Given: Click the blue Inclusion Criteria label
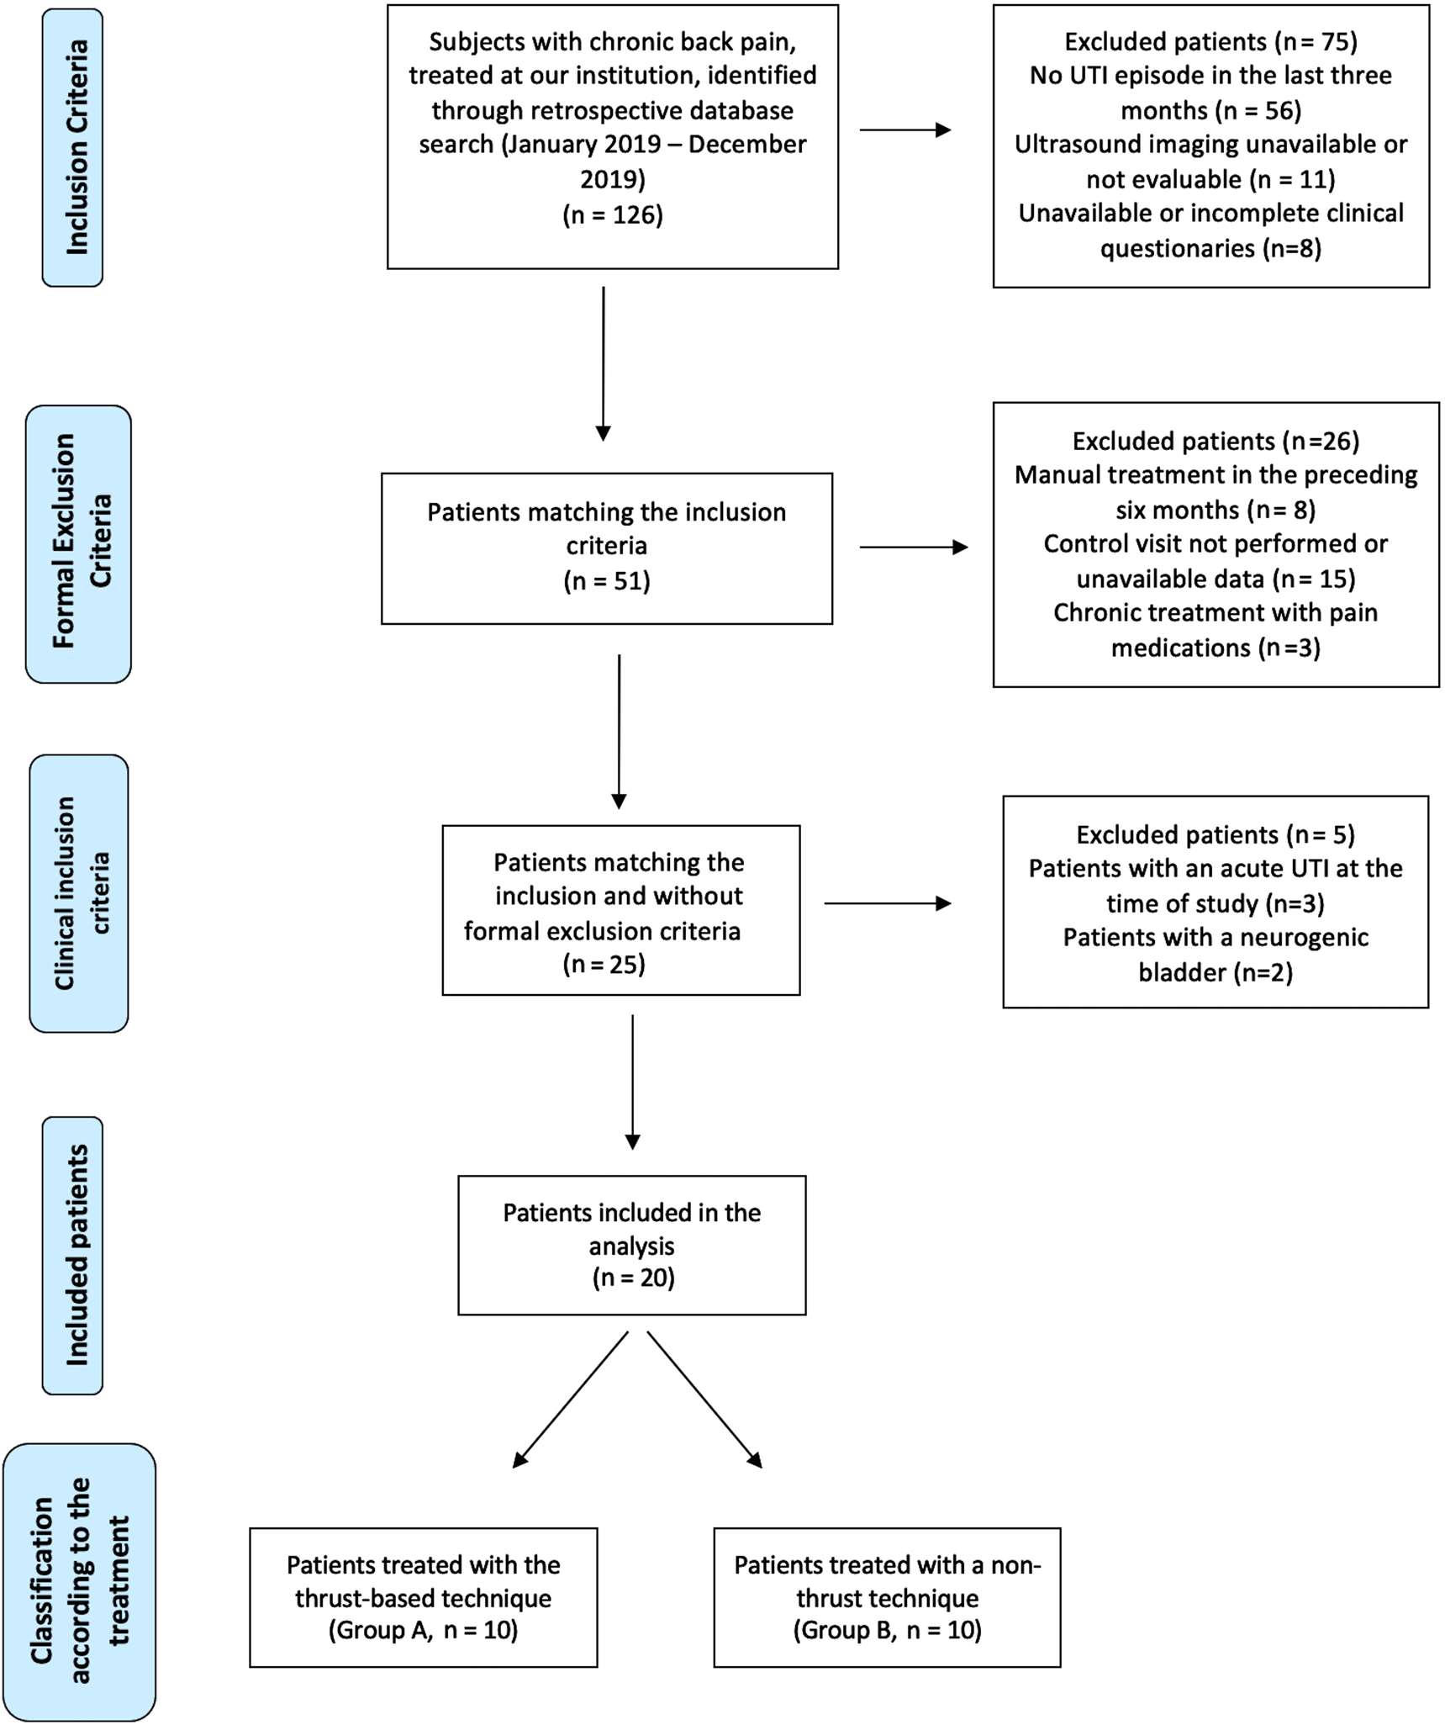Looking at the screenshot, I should (73, 147).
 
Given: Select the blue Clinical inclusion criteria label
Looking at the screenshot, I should (80, 892).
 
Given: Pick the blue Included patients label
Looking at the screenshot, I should (74, 1255).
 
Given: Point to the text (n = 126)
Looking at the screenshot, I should (612, 215).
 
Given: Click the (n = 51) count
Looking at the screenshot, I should (607, 581).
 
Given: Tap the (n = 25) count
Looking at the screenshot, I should (604, 964).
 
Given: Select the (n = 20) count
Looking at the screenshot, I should (632, 1278).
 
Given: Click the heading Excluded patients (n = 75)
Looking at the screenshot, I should (1210, 42).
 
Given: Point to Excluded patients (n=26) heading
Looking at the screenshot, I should (1216, 441).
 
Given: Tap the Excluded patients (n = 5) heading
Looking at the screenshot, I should (1216, 834).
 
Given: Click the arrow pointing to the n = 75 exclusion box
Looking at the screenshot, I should (904, 130).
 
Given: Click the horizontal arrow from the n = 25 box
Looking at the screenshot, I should (887, 903).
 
